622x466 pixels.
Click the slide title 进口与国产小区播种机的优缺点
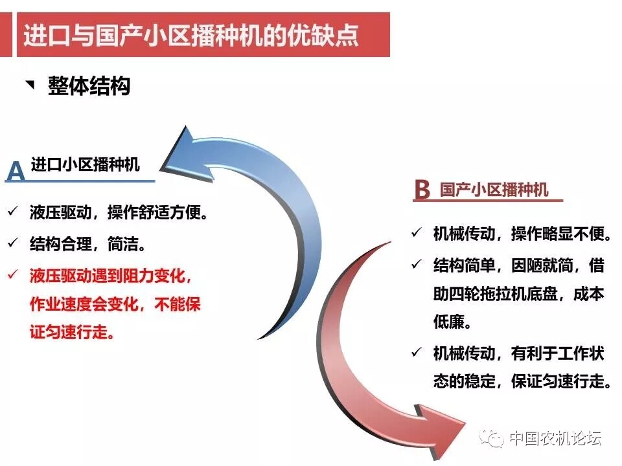tap(190, 36)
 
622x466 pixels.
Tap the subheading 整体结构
tap(89, 85)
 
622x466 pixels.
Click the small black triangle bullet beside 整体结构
tap(30, 84)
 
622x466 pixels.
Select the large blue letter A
tap(16, 170)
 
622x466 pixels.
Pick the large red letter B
tap(422, 190)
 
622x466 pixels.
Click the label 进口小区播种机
tap(86, 164)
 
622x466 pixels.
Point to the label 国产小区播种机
tap(494, 190)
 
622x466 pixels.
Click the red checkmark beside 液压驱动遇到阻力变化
tap(13, 274)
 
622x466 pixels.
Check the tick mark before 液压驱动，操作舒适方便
tap(13, 210)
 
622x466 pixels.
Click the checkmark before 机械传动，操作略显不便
tap(417, 232)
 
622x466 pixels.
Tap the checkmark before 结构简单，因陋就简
tap(417, 263)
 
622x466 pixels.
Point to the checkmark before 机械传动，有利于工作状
tap(417, 351)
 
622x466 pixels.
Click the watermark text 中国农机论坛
tap(555, 438)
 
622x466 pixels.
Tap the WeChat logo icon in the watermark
tap(491, 438)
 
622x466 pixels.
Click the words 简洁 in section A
tap(123, 244)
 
